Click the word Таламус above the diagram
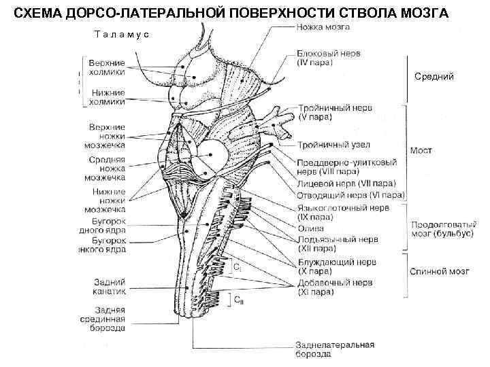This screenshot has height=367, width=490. click(x=122, y=34)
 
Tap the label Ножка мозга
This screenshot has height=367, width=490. click(x=324, y=27)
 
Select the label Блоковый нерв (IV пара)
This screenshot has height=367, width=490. click(x=328, y=57)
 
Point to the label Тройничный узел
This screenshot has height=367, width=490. click(x=332, y=145)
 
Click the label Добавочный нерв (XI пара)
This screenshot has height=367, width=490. click(x=333, y=287)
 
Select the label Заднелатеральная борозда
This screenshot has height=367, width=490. click(x=334, y=349)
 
